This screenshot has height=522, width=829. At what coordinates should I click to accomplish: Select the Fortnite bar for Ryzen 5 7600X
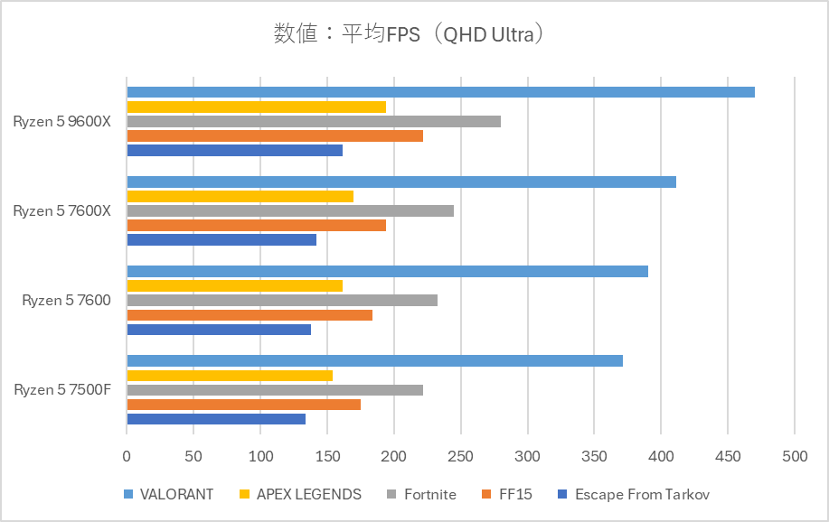tap(290, 210)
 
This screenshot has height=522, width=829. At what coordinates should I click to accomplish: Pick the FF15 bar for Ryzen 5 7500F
tap(243, 405)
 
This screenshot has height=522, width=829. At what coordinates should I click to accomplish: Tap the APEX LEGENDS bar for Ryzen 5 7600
tap(234, 285)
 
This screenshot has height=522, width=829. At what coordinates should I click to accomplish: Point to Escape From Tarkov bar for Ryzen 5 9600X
tap(234, 150)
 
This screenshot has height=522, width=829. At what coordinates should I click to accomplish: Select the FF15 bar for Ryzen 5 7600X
tap(256, 225)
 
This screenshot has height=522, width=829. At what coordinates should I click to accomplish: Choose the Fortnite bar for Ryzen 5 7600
tap(282, 300)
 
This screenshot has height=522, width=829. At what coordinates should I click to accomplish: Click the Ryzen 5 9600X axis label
tap(61, 121)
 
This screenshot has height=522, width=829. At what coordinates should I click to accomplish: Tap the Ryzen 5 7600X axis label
tap(61, 210)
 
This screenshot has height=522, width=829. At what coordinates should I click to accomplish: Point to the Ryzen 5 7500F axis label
tap(62, 390)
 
